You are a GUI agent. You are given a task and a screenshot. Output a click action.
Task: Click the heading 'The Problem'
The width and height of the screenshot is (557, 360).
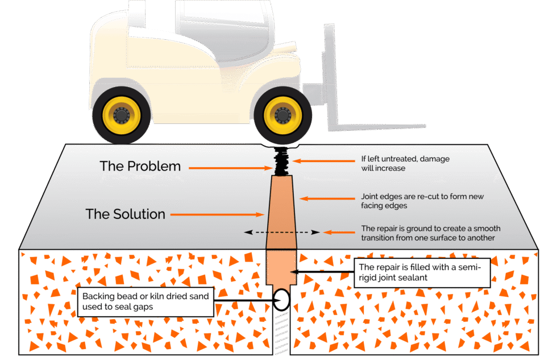pos(140,167)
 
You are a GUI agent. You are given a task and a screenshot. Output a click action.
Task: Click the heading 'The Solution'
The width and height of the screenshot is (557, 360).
pos(125,214)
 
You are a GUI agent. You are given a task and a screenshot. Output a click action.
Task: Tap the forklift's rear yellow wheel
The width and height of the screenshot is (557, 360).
pos(122,115)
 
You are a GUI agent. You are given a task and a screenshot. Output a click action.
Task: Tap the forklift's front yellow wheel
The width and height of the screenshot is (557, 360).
pos(282,115)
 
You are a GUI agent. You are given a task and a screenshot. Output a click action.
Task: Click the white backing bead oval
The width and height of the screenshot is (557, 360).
pos(281,299)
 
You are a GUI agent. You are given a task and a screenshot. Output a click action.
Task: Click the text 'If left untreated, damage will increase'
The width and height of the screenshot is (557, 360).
pos(405,164)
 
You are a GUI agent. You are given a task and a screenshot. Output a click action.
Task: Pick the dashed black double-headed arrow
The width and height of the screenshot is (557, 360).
pos(279,232)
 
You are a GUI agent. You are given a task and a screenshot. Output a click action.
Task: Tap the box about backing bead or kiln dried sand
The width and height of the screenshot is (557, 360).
pos(146,301)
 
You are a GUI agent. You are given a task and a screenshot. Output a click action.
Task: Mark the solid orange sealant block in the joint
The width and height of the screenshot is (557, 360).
pos(281,268)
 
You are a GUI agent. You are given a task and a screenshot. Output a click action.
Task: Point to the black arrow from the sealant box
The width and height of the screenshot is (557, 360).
pos(323,273)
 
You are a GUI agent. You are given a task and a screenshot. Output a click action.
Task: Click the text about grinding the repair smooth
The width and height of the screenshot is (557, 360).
pos(430,233)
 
